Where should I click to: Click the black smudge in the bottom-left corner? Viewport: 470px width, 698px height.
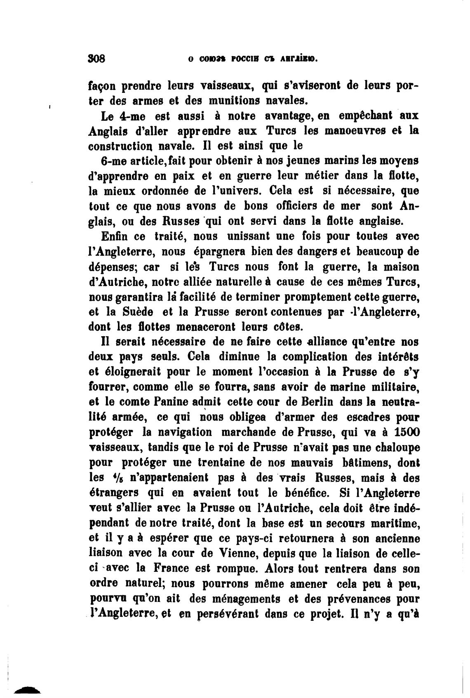[27, 689]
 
